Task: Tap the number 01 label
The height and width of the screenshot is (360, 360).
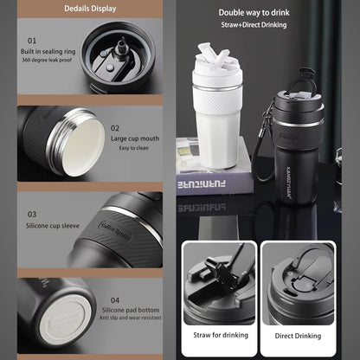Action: pyautogui.click(x=32, y=41)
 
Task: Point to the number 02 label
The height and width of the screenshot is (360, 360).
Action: pyautogui.click(x=115, y=126)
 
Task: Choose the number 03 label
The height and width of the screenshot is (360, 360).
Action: pyautogui.click(x=32, y=214)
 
